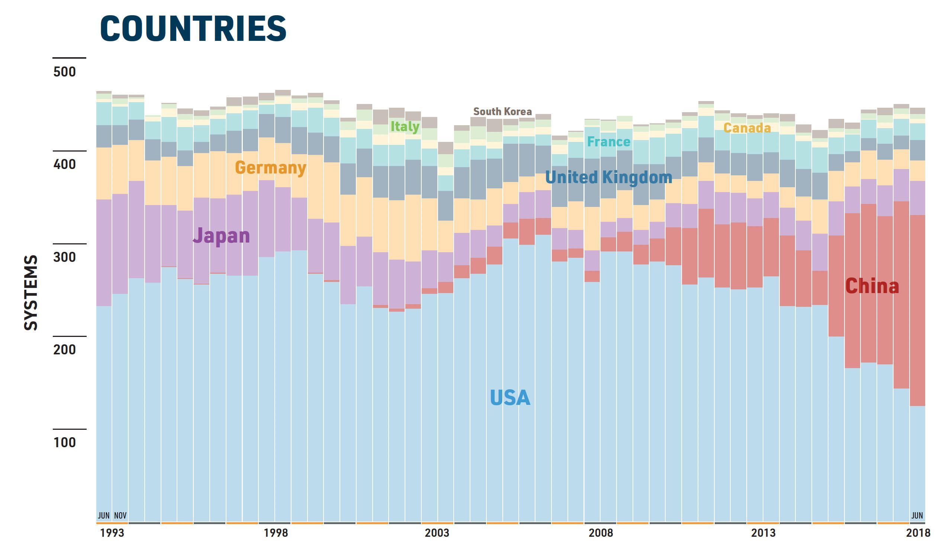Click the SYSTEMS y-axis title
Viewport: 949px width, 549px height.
click(x=31, y=293)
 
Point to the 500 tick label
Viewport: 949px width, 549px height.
click(x=64, y=71)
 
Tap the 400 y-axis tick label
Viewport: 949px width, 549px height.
click(x=64, y=164)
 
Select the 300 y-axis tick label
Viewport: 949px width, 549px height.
click(x=64, y=257)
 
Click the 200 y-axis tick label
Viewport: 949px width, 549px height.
click(x=64, y=350)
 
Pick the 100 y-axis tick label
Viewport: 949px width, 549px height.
click(x=64, y=442)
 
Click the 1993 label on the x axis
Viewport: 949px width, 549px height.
click(x=112, y=533)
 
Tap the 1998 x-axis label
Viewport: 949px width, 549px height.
click(x=276, y=533)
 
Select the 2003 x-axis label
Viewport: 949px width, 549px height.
click(x=437, y=533)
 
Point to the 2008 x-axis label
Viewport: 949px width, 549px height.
click(x=601, y=533)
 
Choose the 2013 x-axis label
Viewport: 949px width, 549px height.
click(x=763, y=533)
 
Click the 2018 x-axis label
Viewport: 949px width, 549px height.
click(x=918, y=533)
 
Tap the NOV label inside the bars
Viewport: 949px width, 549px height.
click(x=120, y=516)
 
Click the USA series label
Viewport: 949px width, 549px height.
click(x=510, y=398)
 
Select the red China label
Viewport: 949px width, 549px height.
click(x=872, y=286)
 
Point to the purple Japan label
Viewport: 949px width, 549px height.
click(x=221, y=236)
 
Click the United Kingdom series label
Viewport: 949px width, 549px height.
click(x=609, y=177)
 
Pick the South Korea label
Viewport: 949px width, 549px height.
click(x=502, y=111)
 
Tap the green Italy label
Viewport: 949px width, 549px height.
click(x=405, y=126)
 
